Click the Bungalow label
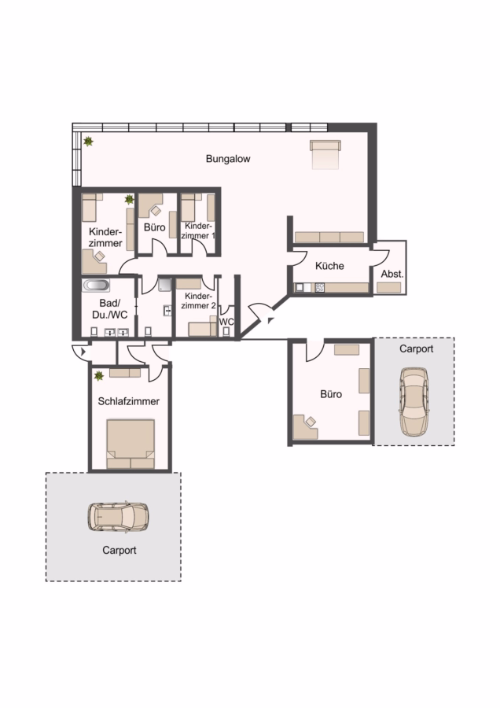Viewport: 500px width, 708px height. pos(228,159)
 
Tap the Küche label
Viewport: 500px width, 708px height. pos(329,266)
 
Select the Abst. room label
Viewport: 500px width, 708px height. pos(392,274)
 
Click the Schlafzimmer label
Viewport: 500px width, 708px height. pos(129,401)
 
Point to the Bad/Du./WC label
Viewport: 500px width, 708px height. pos(109,309)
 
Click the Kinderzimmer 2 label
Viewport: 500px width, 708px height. pos(199,301)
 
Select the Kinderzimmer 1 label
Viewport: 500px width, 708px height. pos(199,230)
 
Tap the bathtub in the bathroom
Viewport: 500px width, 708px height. pos(96,286)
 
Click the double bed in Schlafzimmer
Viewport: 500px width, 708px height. pos(131,444)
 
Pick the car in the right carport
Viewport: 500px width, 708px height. pos(414,401)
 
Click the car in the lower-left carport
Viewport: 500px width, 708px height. pos(118,517)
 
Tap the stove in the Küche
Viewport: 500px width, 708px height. pos(320,288)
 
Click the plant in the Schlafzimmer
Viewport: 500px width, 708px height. pos(99,376)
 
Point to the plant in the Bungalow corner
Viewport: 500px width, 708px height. pos(89,142)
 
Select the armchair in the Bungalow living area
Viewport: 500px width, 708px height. pos(325,154)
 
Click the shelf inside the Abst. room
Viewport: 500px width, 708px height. pos(389,288)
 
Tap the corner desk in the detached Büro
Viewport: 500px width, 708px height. pos(305,427)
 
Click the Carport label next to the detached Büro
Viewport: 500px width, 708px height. pos(416,349)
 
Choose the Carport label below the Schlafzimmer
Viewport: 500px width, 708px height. pos(119,551)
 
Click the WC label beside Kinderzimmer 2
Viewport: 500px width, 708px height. pos(226,322)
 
